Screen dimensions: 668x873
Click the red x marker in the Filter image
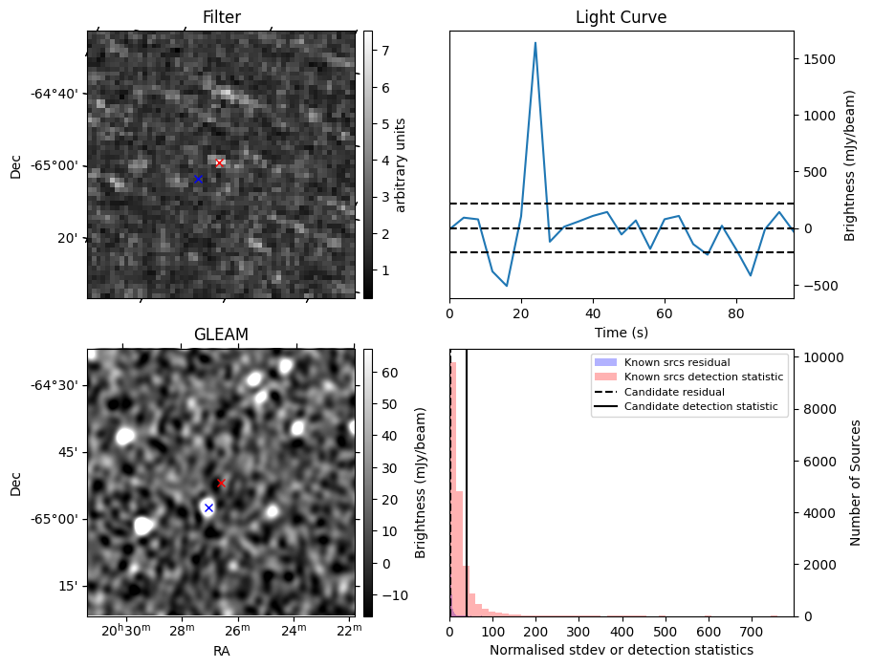click(219, 162)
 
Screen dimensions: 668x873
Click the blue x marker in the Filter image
click(198, 179)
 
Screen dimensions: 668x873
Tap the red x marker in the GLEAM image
click(221, 483)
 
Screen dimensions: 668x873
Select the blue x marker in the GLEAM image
click(208, 507)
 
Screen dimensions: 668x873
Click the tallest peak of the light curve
click(535, 43)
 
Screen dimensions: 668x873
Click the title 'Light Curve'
click(621, 17)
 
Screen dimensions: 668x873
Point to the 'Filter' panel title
click(222, 17)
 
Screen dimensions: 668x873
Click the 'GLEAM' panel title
click(222, 334)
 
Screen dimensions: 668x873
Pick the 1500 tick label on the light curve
click(819, 59)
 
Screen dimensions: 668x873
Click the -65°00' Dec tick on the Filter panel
click(54, 166)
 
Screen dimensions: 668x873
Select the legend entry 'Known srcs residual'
click(677, 362)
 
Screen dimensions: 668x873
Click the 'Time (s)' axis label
click(621, 333)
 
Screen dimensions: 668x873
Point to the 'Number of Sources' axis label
click(856, 483)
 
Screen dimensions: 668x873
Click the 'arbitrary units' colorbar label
click(401, 164)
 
